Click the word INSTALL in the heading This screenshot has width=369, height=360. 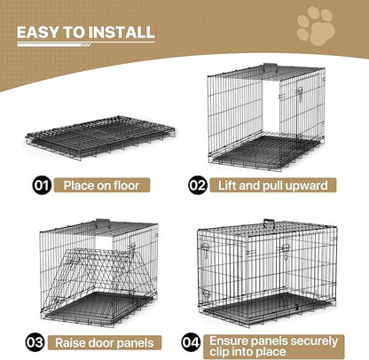tap(122, 33)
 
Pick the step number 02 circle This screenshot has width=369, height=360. tap(197, 187)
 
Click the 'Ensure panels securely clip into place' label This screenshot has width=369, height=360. tap(275, 342)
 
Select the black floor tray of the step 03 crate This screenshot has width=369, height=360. tap(98, 306)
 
